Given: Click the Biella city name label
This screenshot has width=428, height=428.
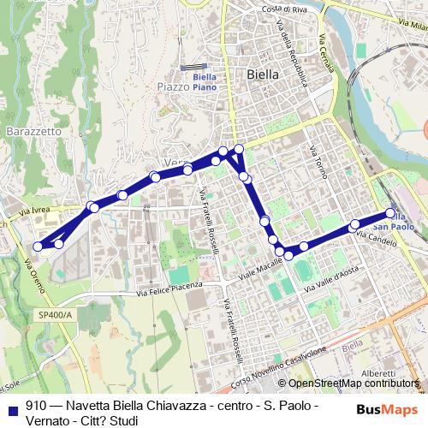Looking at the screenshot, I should pos(262,74).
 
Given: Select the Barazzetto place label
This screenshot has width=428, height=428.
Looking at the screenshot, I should pos(33,132).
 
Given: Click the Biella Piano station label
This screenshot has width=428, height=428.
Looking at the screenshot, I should pos(204,81).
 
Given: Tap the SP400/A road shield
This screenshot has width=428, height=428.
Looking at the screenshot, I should pos(56,315).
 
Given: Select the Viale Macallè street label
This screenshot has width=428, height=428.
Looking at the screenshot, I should pos(261,271).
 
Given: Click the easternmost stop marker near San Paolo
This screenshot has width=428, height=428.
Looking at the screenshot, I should pos(391,213).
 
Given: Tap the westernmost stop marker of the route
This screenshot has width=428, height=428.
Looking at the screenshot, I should pos(37,247).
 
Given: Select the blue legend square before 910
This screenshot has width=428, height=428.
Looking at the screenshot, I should pos(12,409).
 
